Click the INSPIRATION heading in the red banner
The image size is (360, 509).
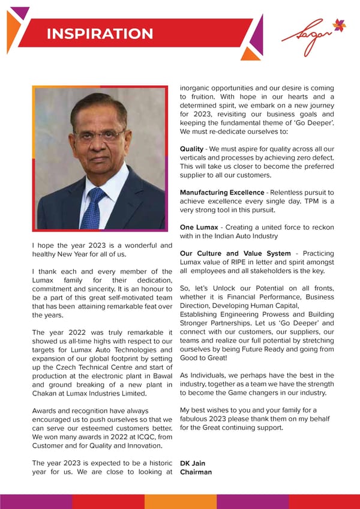pos(100,34)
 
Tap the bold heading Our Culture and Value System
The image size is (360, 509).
pos(235,254)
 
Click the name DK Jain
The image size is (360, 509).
pos(193,463)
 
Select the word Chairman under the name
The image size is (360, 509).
pos(196,472)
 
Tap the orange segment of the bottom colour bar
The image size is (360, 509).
pos(180,501)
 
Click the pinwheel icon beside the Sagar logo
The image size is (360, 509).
pos(339,26)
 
